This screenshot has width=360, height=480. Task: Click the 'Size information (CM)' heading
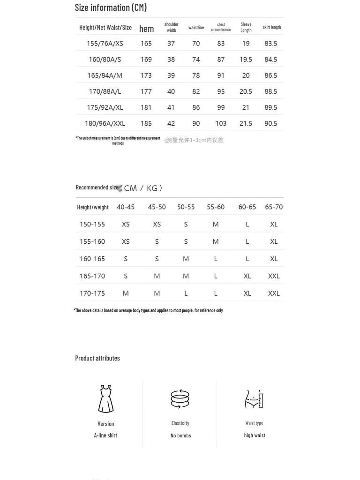click(x=111, y=7)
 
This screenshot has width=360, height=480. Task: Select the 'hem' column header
click(x=146, y=29)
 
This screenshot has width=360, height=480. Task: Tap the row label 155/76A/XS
click(x=105, y=44)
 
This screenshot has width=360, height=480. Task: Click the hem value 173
click(x=146, y=75)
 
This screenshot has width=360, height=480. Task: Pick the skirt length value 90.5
click(x=271, y=123)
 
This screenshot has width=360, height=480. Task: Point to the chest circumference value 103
click(x=221, y=123)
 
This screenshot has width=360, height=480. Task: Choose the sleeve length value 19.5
click(x=246, y=60)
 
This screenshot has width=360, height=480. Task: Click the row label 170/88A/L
click(x=105, y=91)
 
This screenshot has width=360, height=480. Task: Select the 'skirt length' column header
click(x=272, y=27)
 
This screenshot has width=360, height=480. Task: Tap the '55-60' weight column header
click(x=216, y=207)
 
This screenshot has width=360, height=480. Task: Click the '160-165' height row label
click(x=92, y=259)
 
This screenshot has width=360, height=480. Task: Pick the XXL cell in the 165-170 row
click(x=274, y=276)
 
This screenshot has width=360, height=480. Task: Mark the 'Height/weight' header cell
click(x=93, y=207)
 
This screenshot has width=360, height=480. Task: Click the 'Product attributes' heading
click(x=97, y=358)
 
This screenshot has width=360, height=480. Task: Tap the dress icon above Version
click(x=105, y=399)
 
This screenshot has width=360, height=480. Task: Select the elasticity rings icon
click(x=180, y=399)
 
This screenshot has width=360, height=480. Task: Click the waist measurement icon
click(x=255, y=399)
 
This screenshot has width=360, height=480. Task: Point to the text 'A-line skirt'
click(x=105, y=435)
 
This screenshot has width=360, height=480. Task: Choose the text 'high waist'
click(x=255, y=435)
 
